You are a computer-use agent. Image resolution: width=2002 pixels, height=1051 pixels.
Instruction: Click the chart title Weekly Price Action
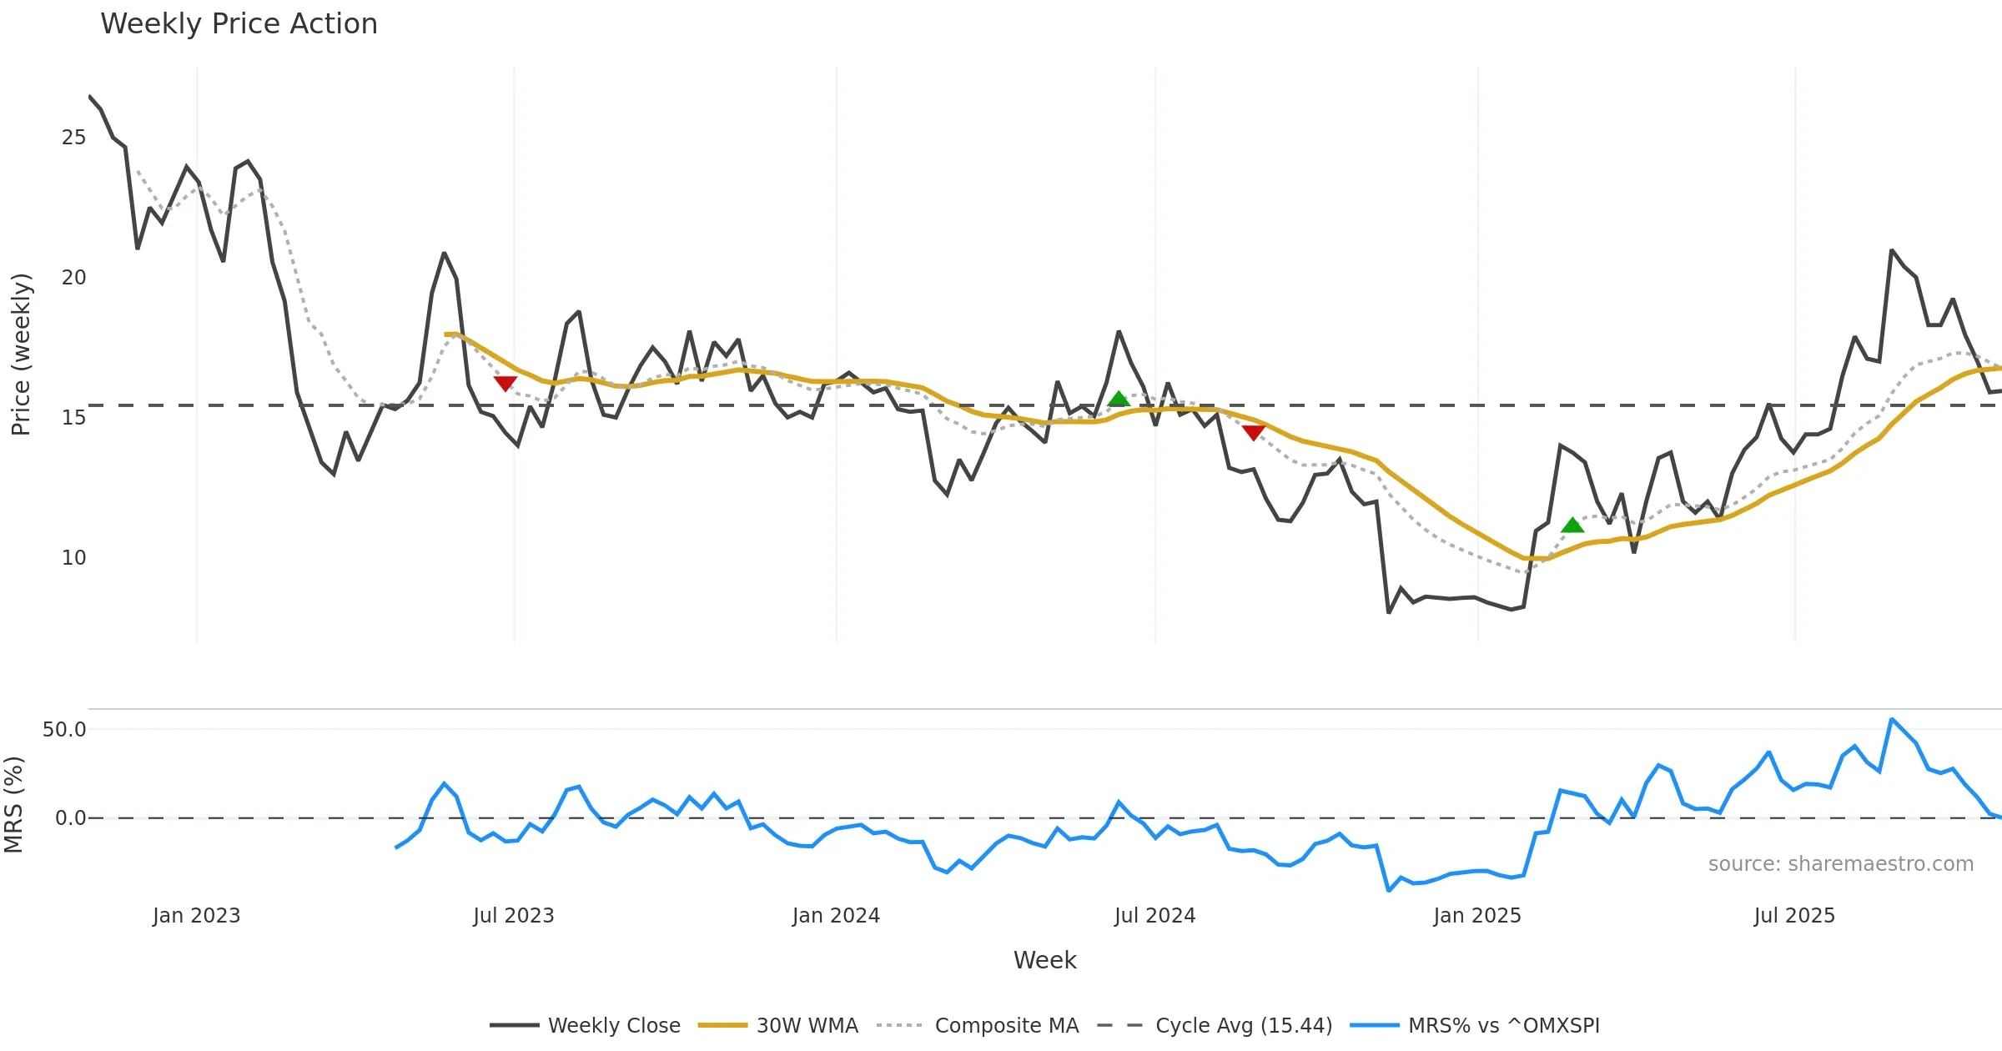(239, 24)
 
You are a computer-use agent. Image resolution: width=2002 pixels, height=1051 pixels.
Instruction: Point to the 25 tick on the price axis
(73, 138)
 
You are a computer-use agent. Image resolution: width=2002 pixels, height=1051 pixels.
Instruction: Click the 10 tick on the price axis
(73, 558)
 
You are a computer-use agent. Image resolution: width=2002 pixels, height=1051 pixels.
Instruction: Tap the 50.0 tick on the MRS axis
(64, 730)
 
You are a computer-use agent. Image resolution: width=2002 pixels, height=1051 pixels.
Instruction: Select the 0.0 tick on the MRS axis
(70, 818)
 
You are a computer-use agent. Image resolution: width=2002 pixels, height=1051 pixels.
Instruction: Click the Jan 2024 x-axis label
(836, 916)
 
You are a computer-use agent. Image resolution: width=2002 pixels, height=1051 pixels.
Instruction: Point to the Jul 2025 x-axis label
(1794, 916)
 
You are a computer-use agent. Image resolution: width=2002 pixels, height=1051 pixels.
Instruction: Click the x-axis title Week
(1044, 961)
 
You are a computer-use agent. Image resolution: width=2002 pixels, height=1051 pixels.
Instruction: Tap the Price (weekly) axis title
(21, 355)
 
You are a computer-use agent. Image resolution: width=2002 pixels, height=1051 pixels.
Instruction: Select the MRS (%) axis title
(13, 805)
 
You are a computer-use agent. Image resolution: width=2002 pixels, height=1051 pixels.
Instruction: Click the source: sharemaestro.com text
(1840, 864)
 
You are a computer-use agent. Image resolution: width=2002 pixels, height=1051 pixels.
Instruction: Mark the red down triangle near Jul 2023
(505, 383)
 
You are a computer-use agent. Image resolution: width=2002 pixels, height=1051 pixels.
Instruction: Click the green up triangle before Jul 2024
(1119, 399)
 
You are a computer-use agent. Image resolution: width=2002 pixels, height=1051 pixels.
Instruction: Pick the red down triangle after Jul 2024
(1253, 432)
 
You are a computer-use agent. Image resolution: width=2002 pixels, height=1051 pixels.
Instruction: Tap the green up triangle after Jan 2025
(1572, 525)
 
